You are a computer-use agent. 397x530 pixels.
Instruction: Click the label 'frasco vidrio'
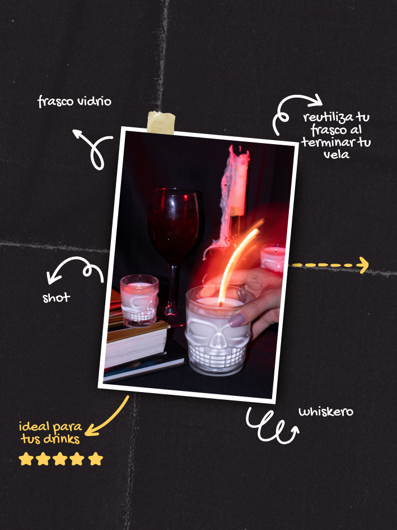(74, 101)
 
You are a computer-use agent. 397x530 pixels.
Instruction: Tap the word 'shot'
(57, 298)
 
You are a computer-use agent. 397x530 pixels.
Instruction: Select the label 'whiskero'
(326, 412)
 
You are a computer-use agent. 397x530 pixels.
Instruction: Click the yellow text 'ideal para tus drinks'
(50, 432)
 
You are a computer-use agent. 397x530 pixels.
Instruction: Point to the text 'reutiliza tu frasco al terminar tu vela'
(336, 136)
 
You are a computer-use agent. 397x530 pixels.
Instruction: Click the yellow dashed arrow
(330, 265)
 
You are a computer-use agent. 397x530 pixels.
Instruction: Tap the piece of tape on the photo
(161, 123)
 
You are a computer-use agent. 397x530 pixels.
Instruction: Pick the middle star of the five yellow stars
(60, 459)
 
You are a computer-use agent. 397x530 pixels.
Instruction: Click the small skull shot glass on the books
(139, 301)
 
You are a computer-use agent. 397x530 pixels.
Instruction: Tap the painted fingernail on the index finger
(237, 320)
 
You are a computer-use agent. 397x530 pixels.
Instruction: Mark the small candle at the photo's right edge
(273, 258)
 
